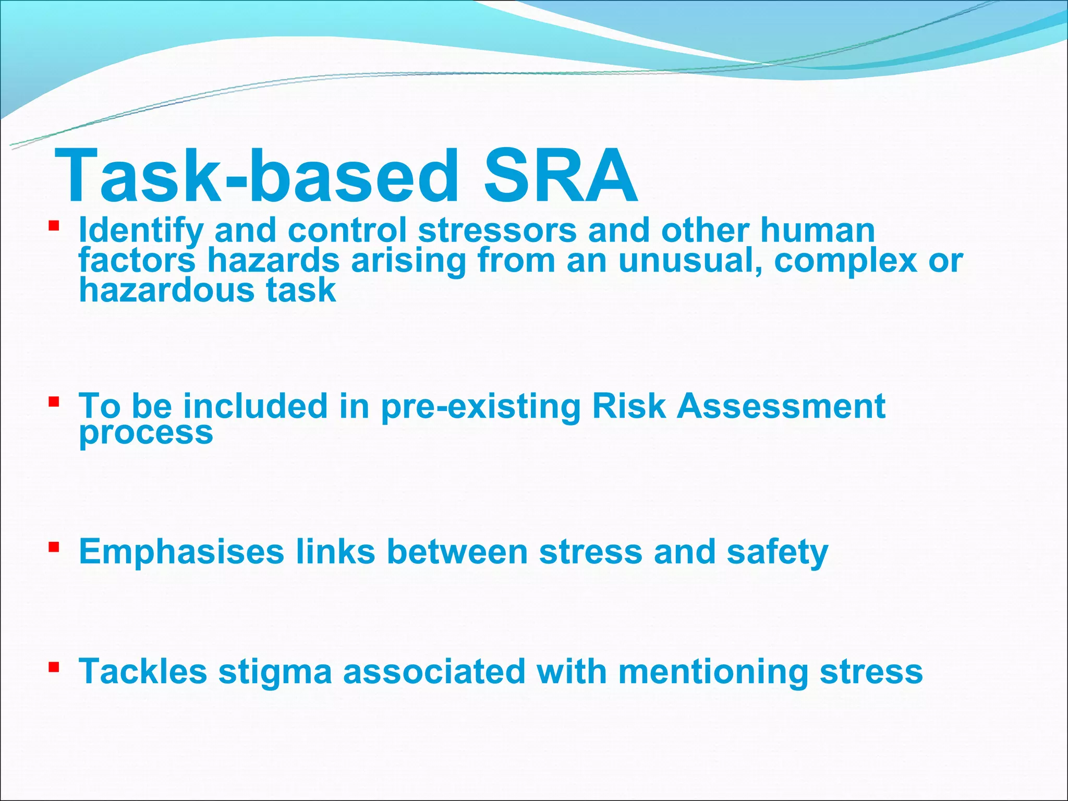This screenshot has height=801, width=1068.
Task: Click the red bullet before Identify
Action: tap(53, 226)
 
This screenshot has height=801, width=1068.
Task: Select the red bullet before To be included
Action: tap(53, 402)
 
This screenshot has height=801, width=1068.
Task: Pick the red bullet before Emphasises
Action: tap(53, 547)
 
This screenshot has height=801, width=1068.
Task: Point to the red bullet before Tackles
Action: tap(53, 667)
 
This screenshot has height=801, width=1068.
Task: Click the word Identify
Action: tap(141, 230)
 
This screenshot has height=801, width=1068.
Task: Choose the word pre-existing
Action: tap(481, 407)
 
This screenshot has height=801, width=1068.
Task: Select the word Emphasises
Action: tap(181, 552)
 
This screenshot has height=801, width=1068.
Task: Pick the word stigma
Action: tap(275, 672)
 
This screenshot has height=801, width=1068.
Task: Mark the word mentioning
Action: tap(713, 672)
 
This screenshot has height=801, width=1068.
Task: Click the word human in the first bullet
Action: tap(817, 230)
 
